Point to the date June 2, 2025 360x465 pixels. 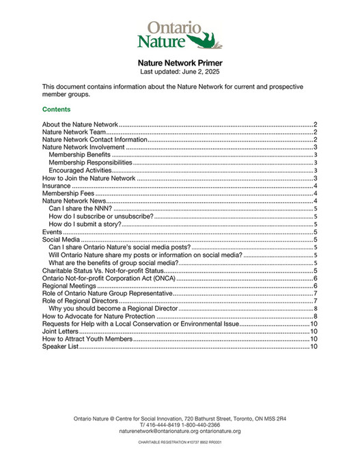(197, 71)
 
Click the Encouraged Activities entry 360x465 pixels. (80, 170)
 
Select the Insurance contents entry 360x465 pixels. (56, 185)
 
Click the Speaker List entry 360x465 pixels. (60, 346)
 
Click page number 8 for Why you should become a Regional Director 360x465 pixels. (313, 309)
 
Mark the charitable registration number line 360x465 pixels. (180, 442)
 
